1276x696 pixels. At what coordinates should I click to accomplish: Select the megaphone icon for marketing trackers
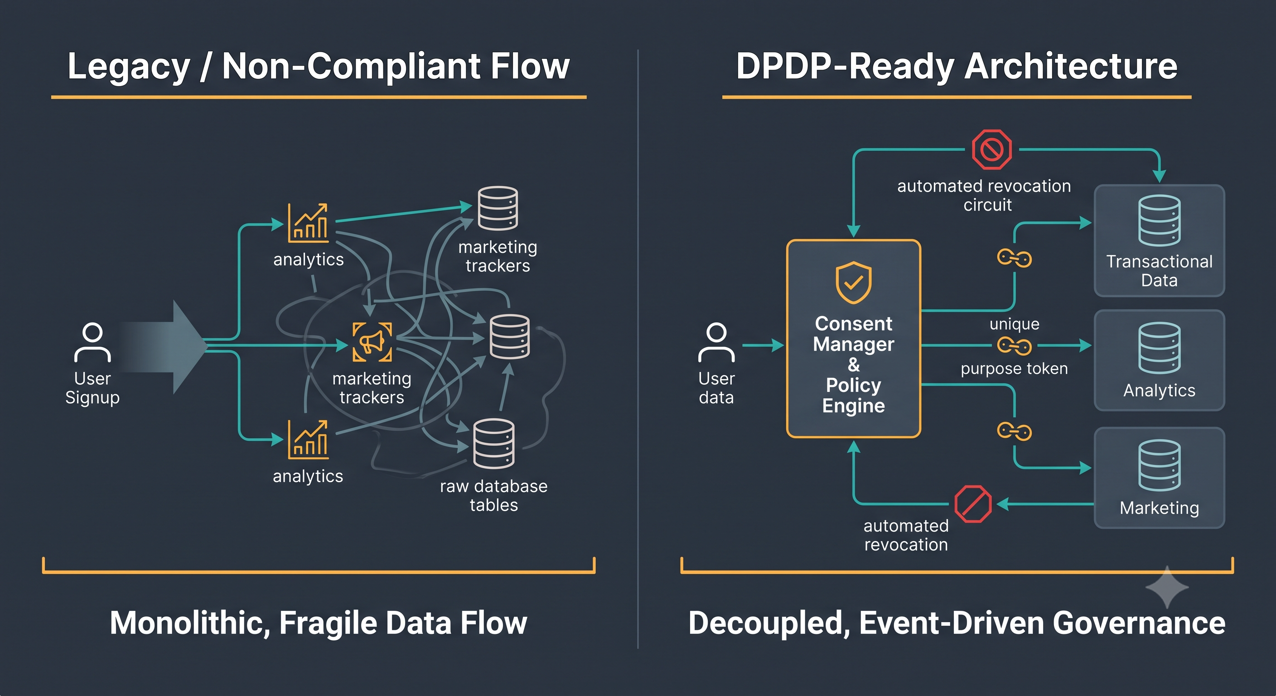pos(372,342)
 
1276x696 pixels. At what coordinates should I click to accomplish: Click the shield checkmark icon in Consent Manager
pos(854,282)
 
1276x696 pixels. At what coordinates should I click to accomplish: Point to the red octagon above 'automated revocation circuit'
pos(992,149)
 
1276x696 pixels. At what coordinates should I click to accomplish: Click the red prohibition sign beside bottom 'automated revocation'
pos(973,504)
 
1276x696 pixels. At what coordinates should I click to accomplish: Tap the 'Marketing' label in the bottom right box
pos(1159,508)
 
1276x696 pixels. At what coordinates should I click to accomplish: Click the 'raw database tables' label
pos(493,495)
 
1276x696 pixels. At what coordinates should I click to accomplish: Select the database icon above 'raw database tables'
pos(493,443)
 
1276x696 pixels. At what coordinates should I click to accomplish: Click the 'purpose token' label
pos(1014,368)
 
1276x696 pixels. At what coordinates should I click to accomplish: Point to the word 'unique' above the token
pos(1015,324)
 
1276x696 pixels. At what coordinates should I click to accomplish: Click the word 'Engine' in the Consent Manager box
pos(854,406)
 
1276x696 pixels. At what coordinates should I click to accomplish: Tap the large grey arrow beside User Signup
pos(164,347)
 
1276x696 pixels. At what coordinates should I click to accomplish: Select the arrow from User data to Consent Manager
pos(763,345)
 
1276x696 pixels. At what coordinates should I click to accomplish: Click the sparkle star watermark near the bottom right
pos(1167,587)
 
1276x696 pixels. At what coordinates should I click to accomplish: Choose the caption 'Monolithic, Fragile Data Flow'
pos(318,623)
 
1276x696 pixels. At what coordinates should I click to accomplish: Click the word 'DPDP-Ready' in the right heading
pos(845,66)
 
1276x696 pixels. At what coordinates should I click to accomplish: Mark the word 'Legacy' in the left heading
pos(129,66)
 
